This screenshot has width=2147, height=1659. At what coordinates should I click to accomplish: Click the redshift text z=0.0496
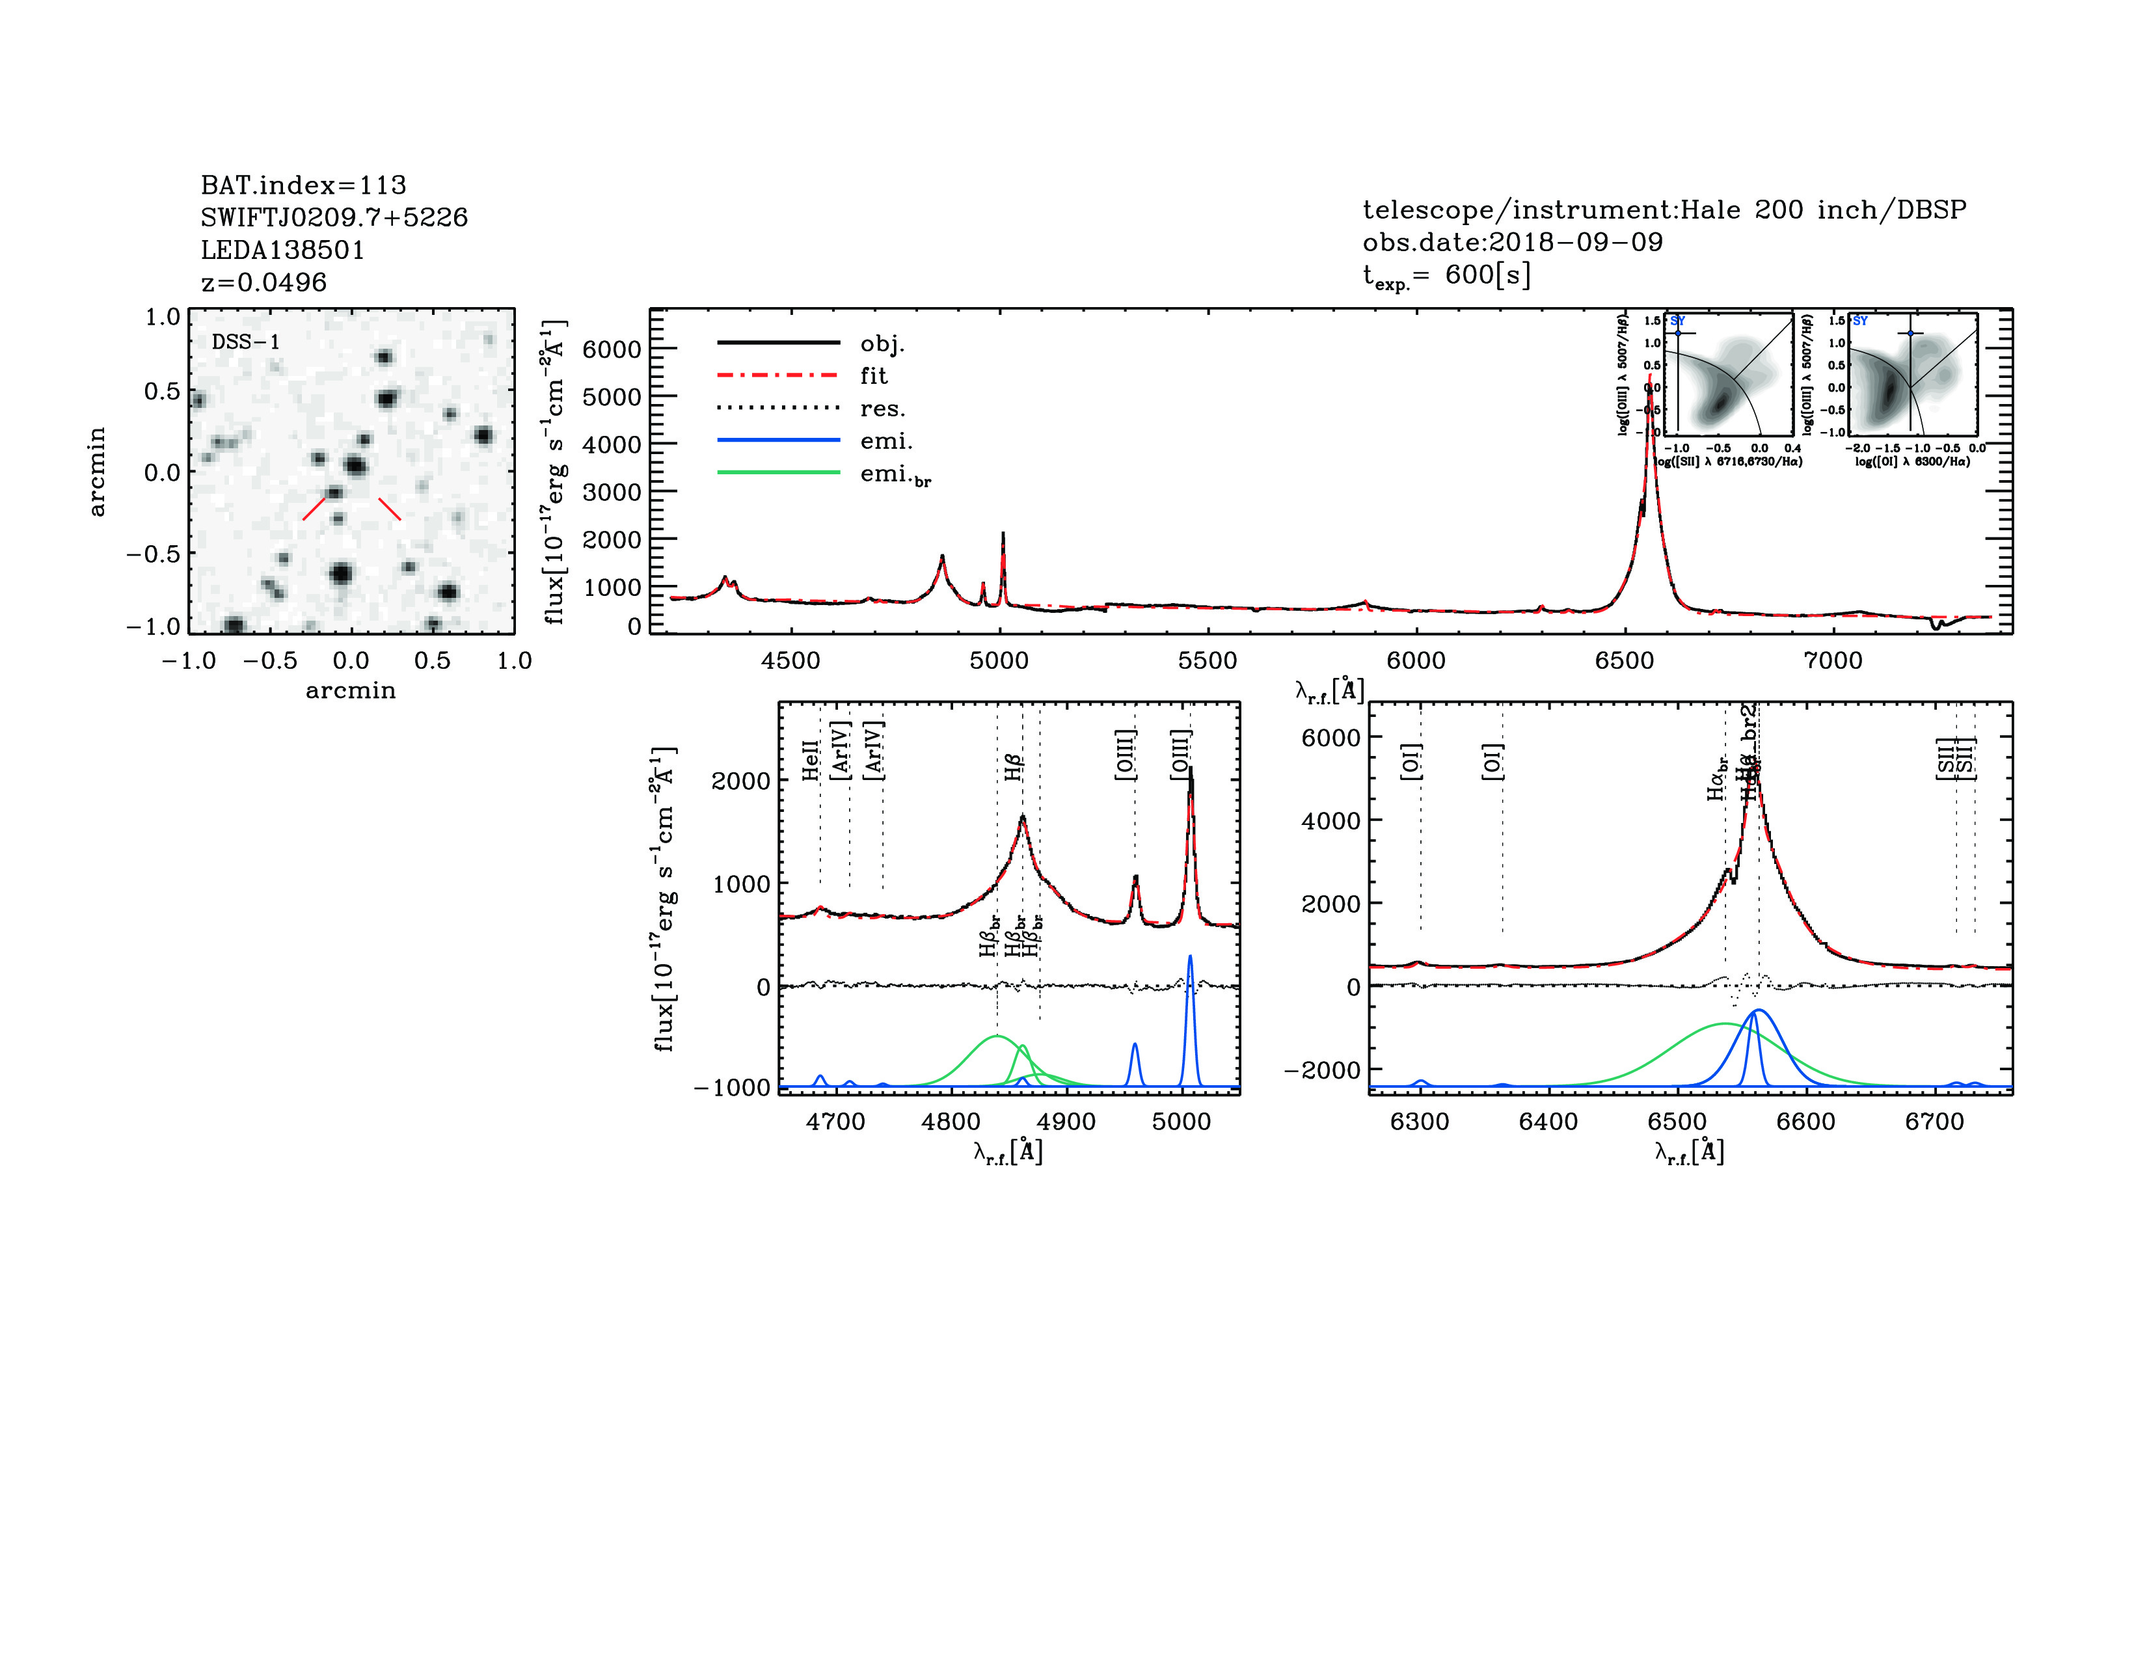pyautogui.click(x=263, y=283)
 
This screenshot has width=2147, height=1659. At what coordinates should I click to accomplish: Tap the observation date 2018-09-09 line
pyautogui.click(x=1512, y=243)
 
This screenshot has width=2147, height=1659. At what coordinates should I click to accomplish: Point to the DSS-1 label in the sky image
pyautogui.click(x=246, y=342)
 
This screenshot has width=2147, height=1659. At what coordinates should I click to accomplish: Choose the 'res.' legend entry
pyautogui.click(x=882, y=409)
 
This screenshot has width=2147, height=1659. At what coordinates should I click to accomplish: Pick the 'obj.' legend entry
pyautogui.click(x=882, y=344)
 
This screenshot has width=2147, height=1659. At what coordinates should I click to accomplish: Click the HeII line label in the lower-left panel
pyautogui.click(x=810, y=761)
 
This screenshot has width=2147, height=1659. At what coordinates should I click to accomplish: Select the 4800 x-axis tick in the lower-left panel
pyautogui.click(x=951, y=1122)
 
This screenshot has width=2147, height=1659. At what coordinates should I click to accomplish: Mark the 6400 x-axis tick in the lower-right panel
pyautogui.click(x=1548, y=1122)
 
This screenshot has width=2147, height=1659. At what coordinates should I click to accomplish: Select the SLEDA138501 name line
pyautogui.click(x=282, y=250)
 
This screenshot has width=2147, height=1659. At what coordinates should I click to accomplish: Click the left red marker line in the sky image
pyautogui.click(x=314, y=508)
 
